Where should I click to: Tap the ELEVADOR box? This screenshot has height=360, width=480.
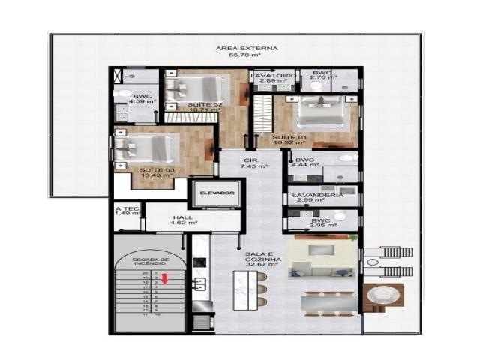point(217,193)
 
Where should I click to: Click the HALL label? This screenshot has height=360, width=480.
point(183,217)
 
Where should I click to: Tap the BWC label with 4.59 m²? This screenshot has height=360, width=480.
point(142,96)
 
